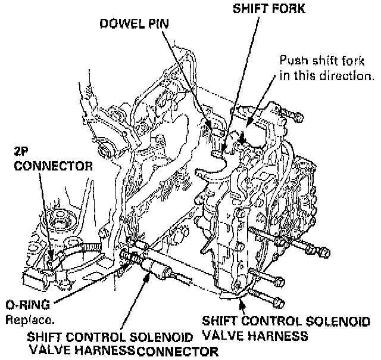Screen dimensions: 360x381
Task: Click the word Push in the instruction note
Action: pyautogui.click(x=293, y=61)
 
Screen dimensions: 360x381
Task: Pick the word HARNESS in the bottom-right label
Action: pyautogui.click(x=281, y=336)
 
